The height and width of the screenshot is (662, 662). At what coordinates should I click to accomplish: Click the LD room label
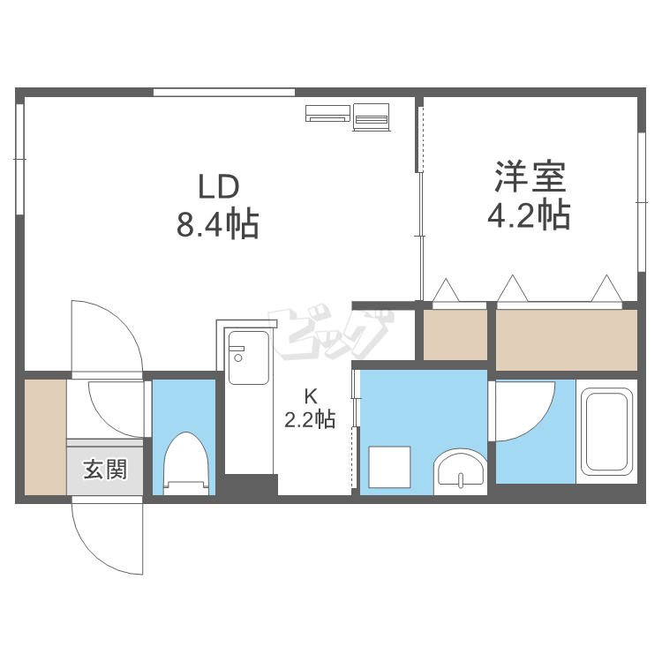point(219,187)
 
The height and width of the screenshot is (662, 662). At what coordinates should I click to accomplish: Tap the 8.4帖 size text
point(217,224)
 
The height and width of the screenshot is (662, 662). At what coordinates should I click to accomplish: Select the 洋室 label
point(530,177)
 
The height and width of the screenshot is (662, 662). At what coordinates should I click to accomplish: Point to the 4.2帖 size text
point(529,214)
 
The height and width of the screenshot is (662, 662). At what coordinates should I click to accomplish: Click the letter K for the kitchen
point(311,396)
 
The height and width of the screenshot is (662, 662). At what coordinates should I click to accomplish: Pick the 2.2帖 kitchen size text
point(311,419)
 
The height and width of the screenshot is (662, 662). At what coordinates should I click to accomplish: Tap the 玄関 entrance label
point(105,470)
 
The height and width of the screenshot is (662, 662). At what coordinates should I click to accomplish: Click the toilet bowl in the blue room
point(186,463)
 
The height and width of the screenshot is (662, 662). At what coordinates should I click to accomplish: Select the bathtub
point(606,432)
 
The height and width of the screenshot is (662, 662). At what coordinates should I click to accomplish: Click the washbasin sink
point(460,470)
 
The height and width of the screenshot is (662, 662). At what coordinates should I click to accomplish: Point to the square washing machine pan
point(389,467)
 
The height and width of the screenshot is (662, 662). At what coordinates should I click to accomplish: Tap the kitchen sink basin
point(249,357)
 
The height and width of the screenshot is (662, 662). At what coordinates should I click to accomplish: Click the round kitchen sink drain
point(238,358)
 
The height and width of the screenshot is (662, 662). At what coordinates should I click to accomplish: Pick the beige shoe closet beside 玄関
point(45,437)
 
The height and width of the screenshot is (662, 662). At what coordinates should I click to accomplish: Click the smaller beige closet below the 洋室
point(455,335)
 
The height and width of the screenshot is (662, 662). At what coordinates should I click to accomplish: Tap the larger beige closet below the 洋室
point(566,341)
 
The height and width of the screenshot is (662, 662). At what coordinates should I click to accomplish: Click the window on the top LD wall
point(224,93)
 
